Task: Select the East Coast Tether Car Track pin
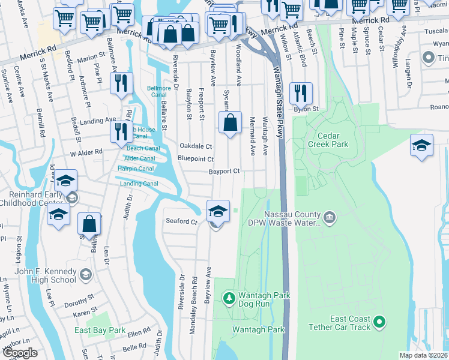tap(379, 322)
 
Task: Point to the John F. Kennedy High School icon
tap(86, 274)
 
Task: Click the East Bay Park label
tap(100, 331)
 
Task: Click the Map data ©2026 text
tap(424, 355)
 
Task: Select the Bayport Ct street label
tap(224, 172)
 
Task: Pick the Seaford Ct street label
tap(181, 221)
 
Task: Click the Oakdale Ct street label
tap(196, 146)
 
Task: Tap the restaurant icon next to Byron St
tap(298, 92)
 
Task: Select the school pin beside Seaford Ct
tap(217, 211)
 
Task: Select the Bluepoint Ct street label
tap(196, 159)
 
